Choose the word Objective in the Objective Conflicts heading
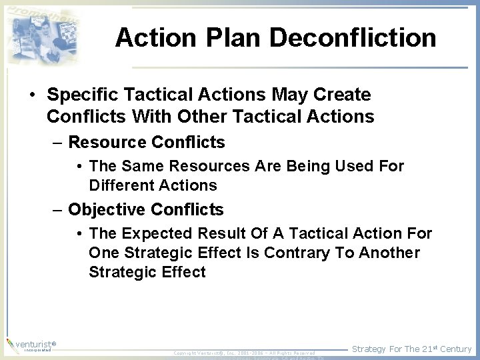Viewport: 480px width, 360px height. click(107, 210)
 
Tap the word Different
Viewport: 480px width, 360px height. click(121, 185)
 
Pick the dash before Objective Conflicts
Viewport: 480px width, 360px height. click(58, 211)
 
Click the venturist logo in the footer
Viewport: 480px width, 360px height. click(31, 346)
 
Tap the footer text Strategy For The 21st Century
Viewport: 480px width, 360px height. click(411, 349)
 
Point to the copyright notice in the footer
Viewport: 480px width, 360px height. click(243, 352)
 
